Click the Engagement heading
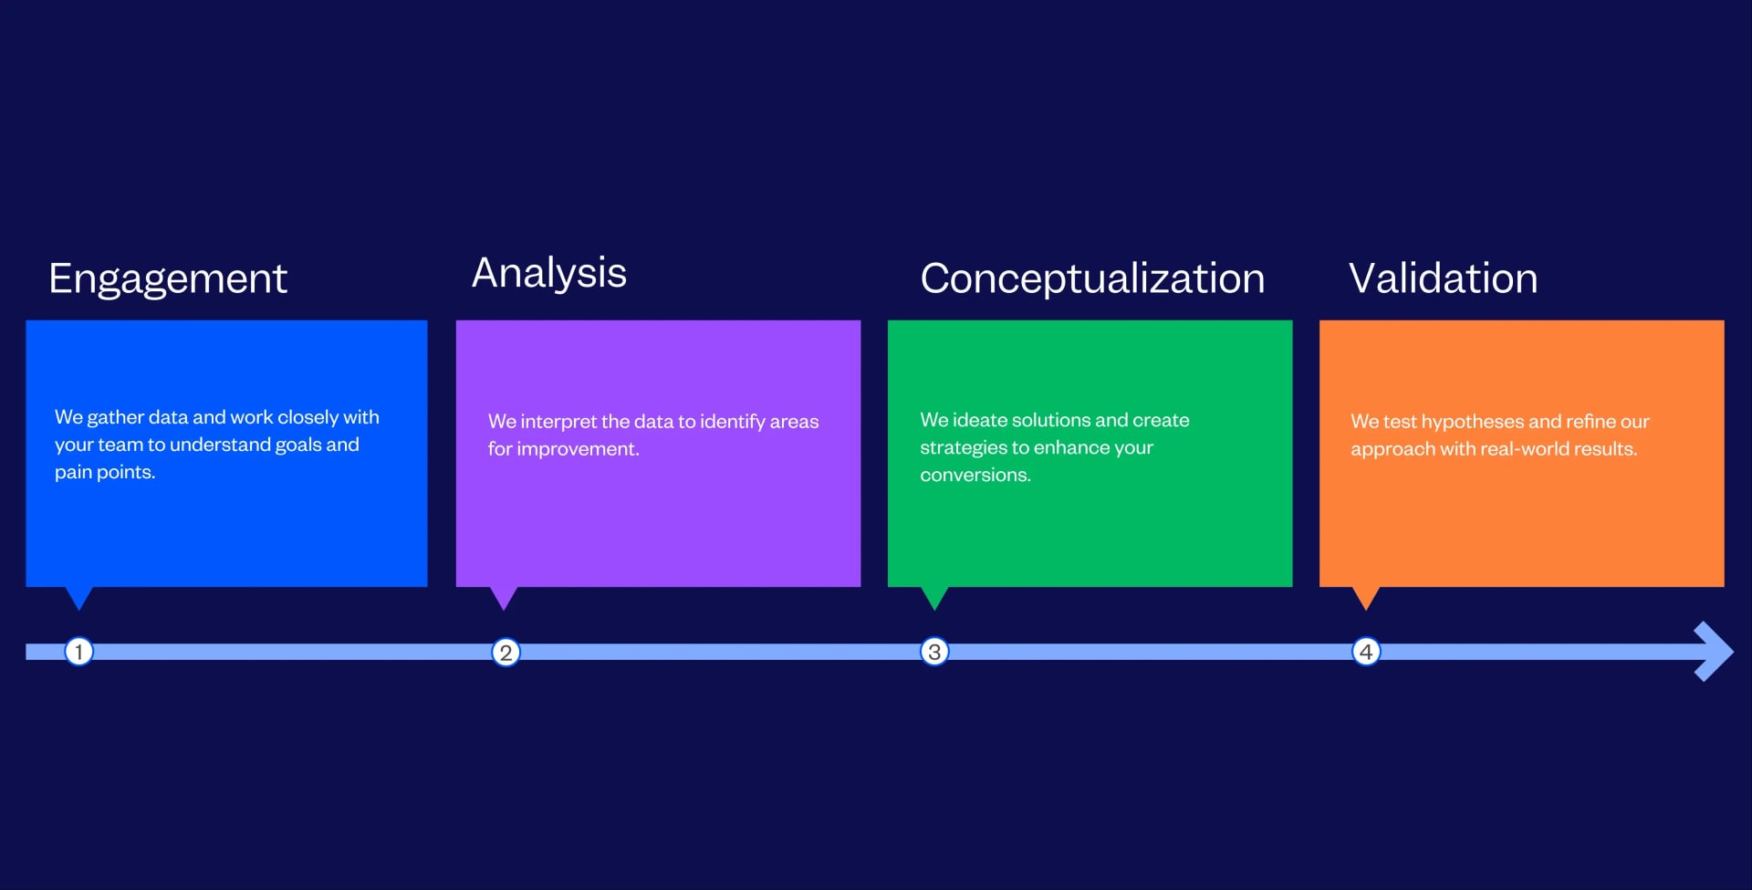click(x=168, y=278)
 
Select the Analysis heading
click(x=548, y=273)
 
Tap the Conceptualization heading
click(x=1092, y=278)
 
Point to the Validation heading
click(x=1443, y=278)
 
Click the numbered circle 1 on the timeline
click(x=79, y=652)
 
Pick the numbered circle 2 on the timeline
click(x=506, y=653)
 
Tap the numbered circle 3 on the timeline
click(x=934, y=652)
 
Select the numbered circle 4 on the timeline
click(x=1366, y=652)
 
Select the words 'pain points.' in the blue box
click(x=105, y=472)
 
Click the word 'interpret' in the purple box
click(x=558, y=422)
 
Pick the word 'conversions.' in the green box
click(x=975, y=476)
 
